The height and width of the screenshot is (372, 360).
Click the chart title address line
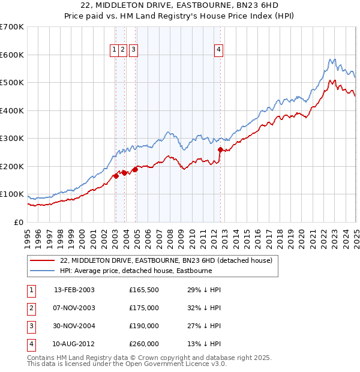tap(179, 6)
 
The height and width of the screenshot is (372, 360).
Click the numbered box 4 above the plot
tap(219, 50)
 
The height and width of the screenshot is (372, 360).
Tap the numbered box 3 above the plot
tap(133, 50)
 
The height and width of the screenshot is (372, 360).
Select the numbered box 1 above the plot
tap(113, 50)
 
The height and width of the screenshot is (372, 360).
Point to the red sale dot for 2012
tap(220, 150)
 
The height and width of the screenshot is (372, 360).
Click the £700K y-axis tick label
tap(12, 27)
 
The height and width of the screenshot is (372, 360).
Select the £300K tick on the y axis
tap(12, 139)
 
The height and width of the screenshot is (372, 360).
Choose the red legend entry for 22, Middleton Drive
tap(166, 260)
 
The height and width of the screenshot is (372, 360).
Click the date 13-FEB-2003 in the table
tap(74, 290)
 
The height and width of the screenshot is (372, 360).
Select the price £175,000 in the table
tap(144, 308)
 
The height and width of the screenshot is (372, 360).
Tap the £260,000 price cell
tap(144, 344)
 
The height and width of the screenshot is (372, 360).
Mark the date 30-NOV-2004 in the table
tap(74, 326)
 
